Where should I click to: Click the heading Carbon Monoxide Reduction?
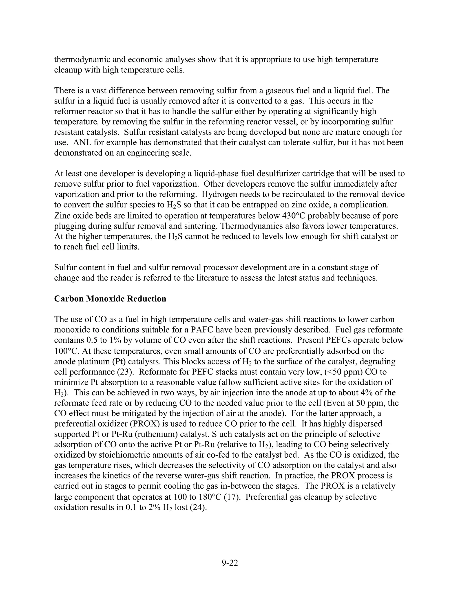110,299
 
